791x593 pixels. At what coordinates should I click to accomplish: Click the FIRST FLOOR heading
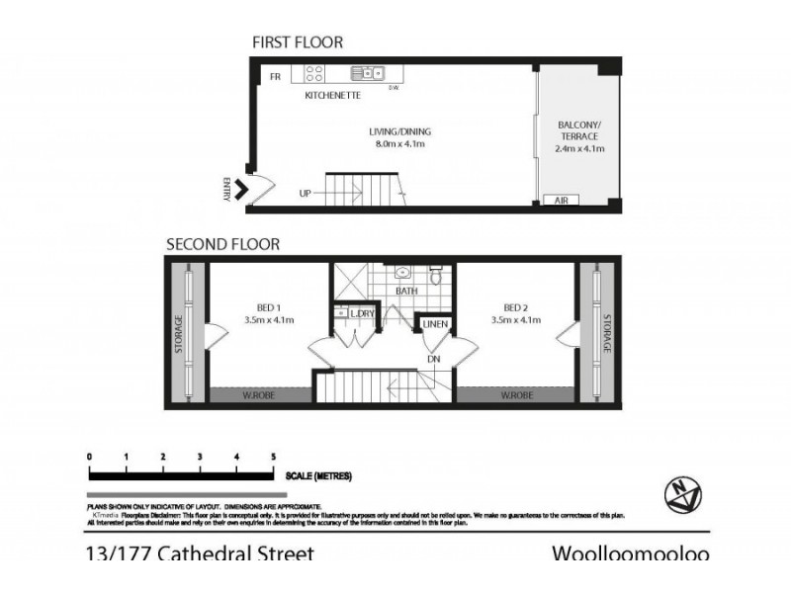(x=298, y=42)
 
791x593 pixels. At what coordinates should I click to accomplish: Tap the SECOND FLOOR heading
(x=222, y=243)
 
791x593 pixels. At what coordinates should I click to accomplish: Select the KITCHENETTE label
(x=332, y=96)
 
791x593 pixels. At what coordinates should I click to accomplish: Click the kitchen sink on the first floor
(x=368, y=72)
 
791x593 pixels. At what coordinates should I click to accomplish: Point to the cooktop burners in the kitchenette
(x=315, y=73)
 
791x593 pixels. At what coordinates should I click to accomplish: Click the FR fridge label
(x=276, y=76)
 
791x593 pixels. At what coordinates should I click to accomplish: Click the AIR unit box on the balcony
(x=561, y=201)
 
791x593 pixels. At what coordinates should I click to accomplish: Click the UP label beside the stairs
(x=306, y=194)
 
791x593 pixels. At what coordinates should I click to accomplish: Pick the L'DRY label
(x=363, y=313)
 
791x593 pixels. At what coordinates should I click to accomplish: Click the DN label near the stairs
(x=434, y=359)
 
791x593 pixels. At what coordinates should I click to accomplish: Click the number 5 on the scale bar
(x=273, y=456)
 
